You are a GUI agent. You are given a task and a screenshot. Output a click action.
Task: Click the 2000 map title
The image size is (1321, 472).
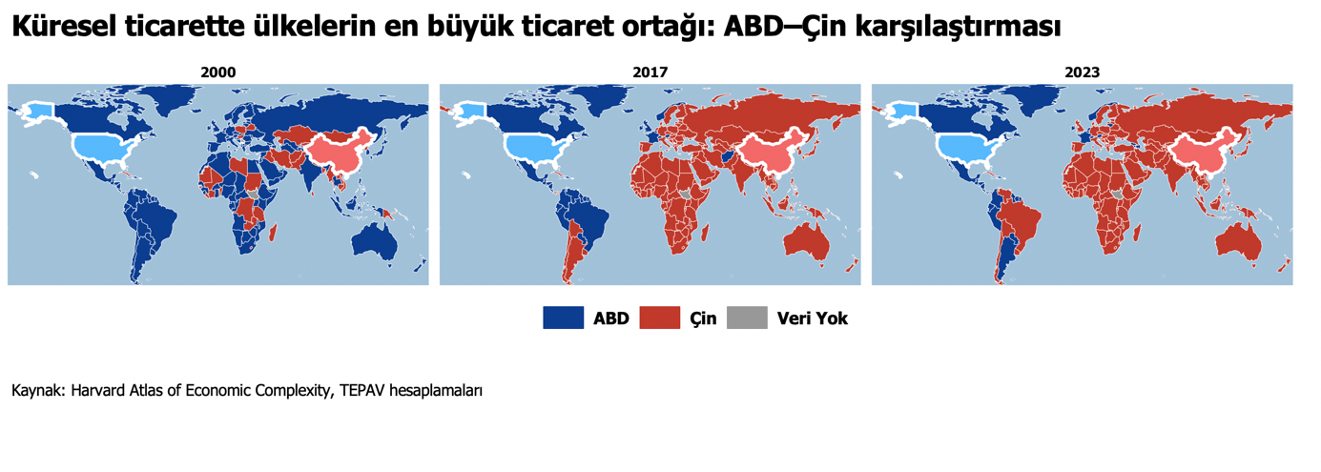pyautogui.click(x=217, y=72)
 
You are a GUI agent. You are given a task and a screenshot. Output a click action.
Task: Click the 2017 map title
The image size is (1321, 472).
pyautogui.click(x=650, y=72)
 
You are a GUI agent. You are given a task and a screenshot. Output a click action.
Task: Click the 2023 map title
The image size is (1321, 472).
pyautogui.click(x=1082, y=72)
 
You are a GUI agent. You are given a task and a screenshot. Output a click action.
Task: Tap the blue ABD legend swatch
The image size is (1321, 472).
pyautogui.click(x=563, y=318)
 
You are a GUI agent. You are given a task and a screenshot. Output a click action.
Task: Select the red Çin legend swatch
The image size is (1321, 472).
pyautogui.click(x=659, y=318)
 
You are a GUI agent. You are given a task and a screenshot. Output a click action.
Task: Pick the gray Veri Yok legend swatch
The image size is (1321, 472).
pyautogui.click(x=747, y=318)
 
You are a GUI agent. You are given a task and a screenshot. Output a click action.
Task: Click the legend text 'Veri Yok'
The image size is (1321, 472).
pyautogui.click(x=812, y=318)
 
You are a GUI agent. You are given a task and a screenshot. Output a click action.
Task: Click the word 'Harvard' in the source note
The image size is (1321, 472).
pyautogui.click(x=98, y=391)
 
